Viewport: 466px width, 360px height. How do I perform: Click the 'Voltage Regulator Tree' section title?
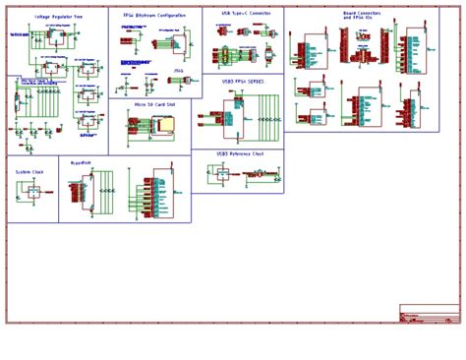click(58, 17)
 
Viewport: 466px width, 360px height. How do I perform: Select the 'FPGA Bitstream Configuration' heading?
click(154, 16)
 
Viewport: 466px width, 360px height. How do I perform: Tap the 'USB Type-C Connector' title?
click(245, 13)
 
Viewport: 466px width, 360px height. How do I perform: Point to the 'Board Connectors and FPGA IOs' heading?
click(363, 16)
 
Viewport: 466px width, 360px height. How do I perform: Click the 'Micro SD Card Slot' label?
click(154, 102)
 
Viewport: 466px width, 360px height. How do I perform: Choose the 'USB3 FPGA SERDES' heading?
click(242, 81)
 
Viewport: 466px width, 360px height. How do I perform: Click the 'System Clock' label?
click(29, 171)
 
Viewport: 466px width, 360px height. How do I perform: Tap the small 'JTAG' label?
click(178, 70)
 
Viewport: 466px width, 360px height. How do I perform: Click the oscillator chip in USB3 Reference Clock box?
click(222, 174)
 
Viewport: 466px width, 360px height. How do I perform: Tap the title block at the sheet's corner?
click(429, 313)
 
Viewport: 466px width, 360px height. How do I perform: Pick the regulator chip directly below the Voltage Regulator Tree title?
click(51, 36)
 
